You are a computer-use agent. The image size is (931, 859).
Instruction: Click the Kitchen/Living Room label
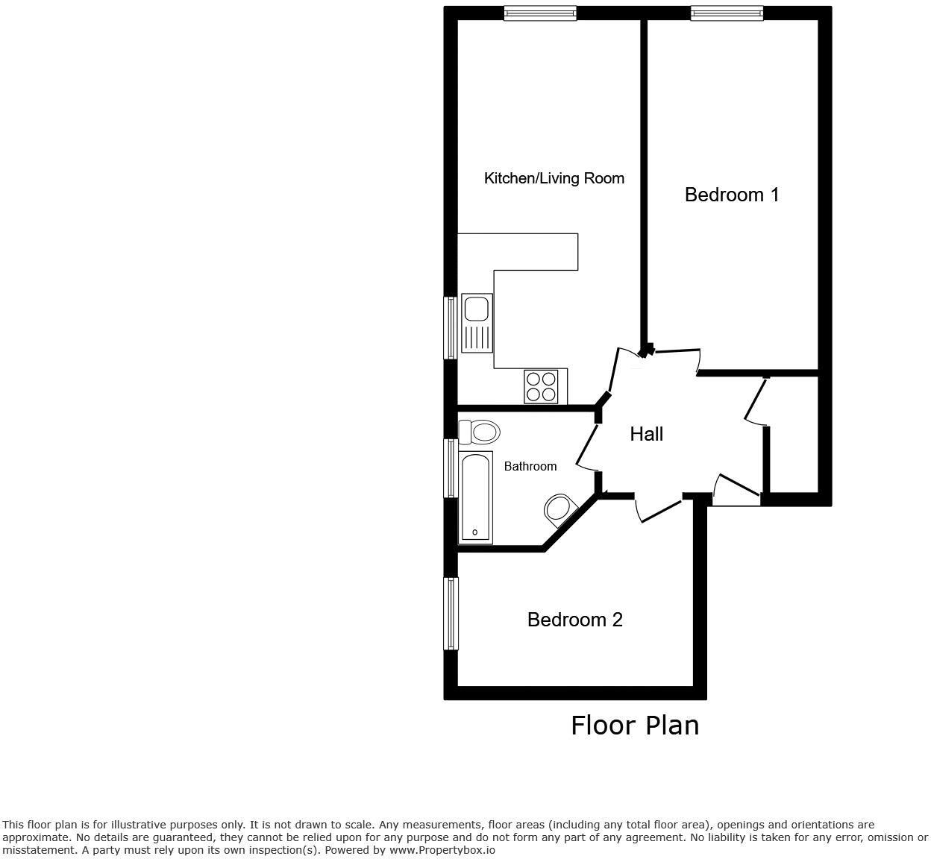click(554, 178)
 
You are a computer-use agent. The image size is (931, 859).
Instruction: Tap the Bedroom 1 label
click(732, 195)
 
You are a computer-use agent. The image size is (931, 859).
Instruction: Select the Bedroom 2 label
click(574, 620)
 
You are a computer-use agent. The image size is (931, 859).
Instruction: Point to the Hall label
click(646, 434)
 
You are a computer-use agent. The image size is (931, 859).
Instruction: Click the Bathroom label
click(530, 466)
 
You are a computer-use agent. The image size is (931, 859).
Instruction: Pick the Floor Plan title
click(635, 725)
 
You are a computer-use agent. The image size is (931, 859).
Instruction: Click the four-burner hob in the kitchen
click(541, 386)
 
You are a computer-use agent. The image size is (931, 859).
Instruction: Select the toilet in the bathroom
click(479, 431)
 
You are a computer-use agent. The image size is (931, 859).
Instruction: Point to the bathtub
click(475, 497)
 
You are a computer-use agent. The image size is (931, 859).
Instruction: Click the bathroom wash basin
click(559, 510)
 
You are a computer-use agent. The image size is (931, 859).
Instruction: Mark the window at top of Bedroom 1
click(727, 13)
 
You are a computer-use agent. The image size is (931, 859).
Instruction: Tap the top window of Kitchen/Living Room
click(539, 13)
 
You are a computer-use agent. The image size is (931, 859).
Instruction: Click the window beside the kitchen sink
click(451, 328)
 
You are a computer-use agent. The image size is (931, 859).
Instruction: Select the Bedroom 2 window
click(451, 613)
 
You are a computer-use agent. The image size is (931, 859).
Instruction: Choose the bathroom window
click(451, 468)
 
